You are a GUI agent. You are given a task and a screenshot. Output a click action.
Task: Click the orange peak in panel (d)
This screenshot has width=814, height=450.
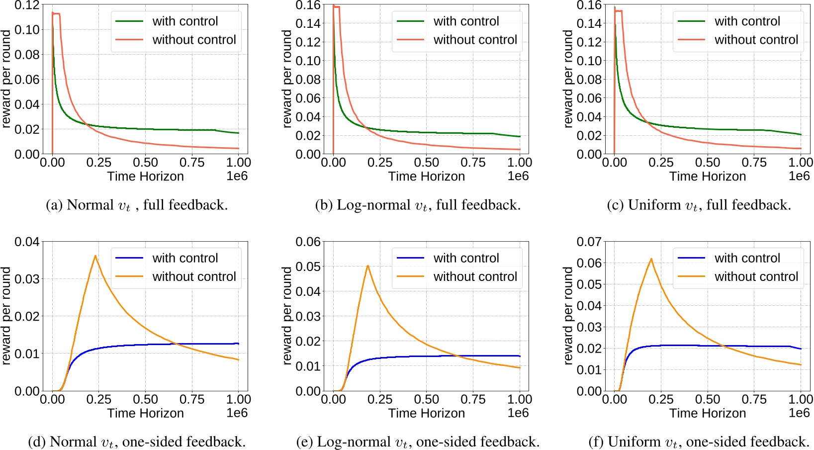95,256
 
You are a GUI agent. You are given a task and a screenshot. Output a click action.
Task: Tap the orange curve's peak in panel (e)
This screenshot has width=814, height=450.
367,266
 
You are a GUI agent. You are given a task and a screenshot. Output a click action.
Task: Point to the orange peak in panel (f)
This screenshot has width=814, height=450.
651,259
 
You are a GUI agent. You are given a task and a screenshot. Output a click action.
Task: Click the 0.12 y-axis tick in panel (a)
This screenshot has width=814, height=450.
27,5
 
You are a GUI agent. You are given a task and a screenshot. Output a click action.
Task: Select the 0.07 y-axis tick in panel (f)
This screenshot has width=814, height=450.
589,242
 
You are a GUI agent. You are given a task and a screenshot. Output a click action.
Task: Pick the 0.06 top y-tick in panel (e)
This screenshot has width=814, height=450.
308,242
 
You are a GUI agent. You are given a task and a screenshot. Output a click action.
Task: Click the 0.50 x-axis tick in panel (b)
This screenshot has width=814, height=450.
426,163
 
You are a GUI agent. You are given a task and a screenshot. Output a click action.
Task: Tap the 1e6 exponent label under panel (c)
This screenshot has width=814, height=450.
799,176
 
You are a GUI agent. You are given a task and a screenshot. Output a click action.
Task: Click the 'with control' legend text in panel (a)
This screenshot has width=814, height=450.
185,21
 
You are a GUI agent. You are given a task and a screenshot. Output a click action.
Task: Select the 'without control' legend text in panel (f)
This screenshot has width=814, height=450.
756,276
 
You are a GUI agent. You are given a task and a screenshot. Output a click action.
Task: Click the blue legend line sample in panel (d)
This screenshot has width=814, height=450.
129,258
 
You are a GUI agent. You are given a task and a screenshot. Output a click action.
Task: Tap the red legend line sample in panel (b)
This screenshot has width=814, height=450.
410,40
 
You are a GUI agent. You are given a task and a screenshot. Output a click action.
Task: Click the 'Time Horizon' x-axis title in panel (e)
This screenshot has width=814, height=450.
426,413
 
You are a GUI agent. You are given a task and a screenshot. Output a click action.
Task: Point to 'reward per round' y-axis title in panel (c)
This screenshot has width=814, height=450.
568,80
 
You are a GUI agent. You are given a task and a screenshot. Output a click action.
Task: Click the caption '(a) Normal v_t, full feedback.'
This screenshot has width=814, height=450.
137,205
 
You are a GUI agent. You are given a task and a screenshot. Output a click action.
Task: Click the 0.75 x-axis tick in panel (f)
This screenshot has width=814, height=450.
754,399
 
